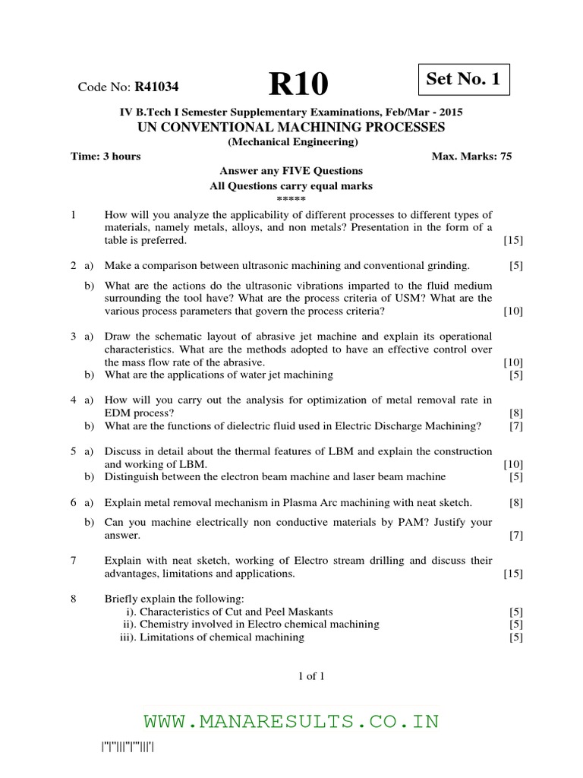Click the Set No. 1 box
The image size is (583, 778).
[x=464, y=79]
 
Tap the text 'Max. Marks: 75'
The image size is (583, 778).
[x=471, y=157]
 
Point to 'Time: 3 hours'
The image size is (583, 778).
[x=106, y=157]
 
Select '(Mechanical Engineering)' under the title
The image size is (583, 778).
[x=292, y=141]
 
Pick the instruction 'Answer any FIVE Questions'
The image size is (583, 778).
[x=291, y=171]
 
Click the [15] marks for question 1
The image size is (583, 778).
[x=513, y=241]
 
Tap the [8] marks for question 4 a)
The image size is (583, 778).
[x=516, y=412]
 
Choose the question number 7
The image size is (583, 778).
[x=74, y=561]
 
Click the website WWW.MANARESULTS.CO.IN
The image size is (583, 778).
[x=292, y=721]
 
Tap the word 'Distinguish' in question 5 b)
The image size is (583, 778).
[x=133, y=476]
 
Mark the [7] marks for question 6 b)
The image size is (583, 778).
[x=516, y=536]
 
